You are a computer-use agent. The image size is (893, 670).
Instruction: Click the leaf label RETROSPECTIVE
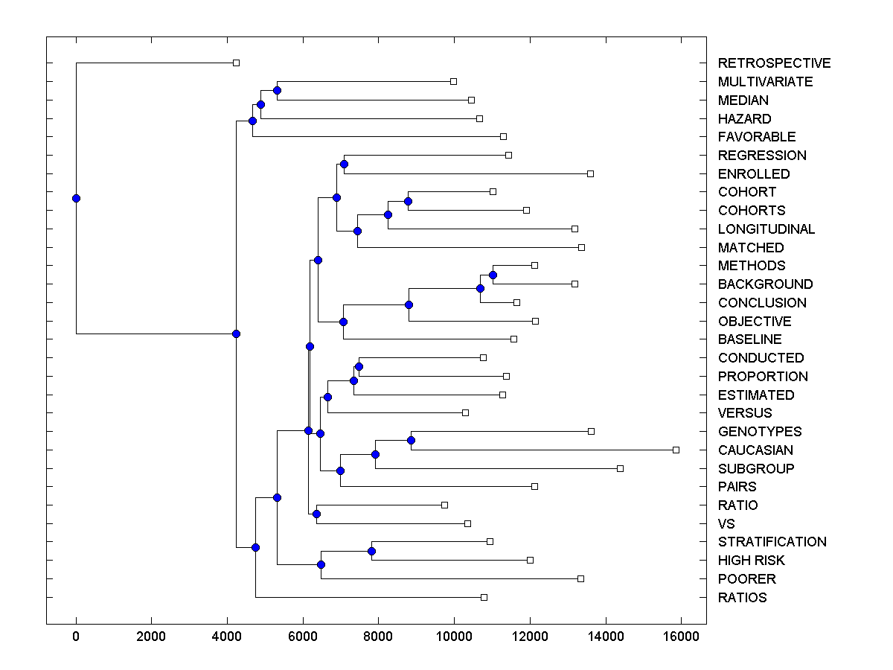pyautogui.click(x=774, y=63)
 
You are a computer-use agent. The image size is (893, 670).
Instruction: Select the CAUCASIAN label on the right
pyautogui.click(x=755, y=450)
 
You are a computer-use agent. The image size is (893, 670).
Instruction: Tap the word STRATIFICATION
pyautogui.click(x=772, y=542)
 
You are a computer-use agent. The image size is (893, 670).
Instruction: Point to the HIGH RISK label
pyautogui.click(x=751, y=561)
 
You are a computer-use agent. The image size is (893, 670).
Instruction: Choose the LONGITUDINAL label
pyautogui.click(x=766, y=229)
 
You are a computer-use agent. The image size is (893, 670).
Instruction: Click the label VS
pyautogui.click(x=726, y=524)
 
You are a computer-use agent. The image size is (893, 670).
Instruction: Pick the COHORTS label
pyautogui.click(x=752, y=211)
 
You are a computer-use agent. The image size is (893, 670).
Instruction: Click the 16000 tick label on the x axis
pyautogui.click(x=681, y=636)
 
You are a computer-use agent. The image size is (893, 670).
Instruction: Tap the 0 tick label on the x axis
pyautogui.click(x=76, y=636)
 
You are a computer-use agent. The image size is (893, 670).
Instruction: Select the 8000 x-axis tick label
pyautogui.click(x=378, y=636)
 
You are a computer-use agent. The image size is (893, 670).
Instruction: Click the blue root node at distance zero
pyautogui.click(x=76, y=198)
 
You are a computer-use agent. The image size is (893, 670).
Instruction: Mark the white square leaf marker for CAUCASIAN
pyautogui.click(x=676, y=450)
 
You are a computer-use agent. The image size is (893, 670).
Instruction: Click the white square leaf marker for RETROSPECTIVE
pyautogui.click(x=236, y=63)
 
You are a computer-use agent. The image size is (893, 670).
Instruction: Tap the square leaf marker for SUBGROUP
pyautogui.click(x=620, y=468)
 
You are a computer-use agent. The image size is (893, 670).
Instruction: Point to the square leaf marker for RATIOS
pyautogui.click(x=484, y=597)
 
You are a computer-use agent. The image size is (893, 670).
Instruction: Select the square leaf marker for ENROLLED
pyautogui.click(x=590, y=173)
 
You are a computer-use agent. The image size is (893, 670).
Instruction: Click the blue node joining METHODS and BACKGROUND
pyautogui.click(x=493, y=275)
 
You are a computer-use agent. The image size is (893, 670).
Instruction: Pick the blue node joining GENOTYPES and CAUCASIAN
pyautogui.click(x=411, y=440)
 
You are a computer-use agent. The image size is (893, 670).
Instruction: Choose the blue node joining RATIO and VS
pyautogui.click(x=316, y=514)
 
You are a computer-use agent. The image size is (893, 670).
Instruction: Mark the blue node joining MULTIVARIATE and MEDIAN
pyautogui.click(x=277, y=90)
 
